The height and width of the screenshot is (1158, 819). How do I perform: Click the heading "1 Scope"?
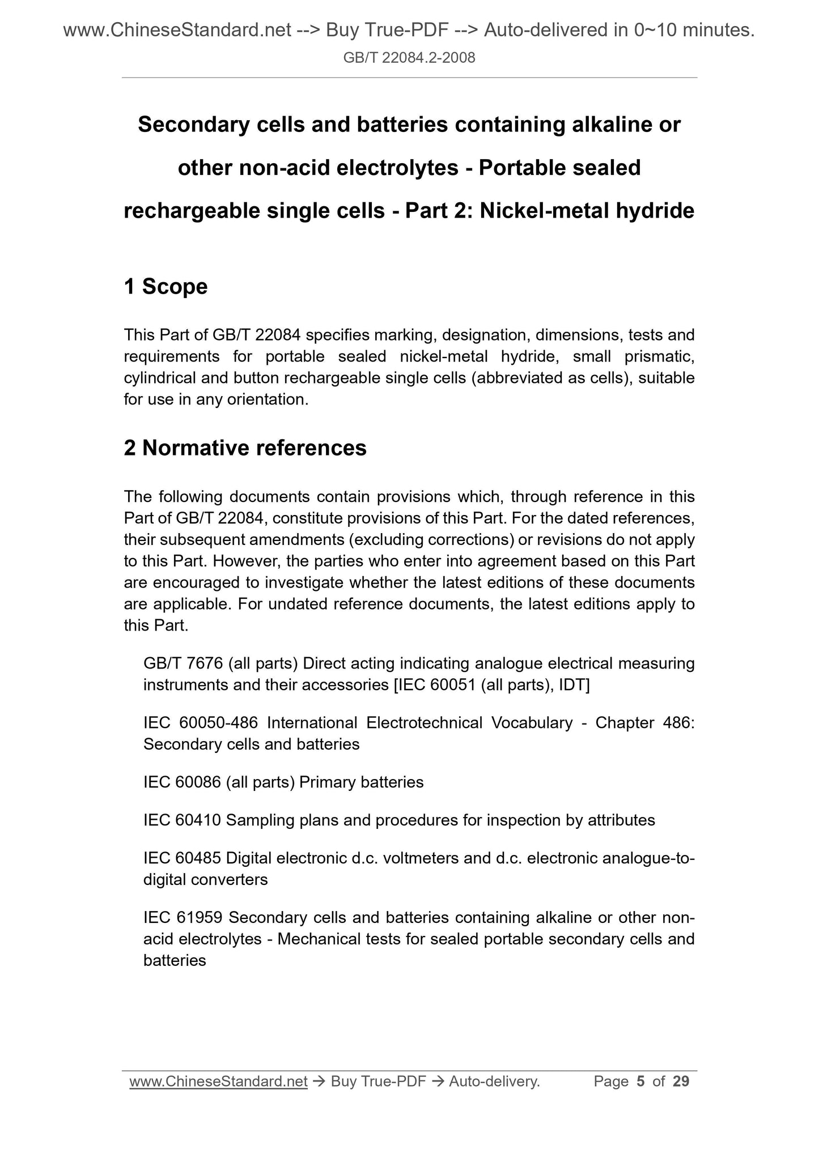(166, 287)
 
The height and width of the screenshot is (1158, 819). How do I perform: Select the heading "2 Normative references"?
(245, 448)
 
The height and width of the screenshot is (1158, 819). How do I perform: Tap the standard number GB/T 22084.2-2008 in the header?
(409, 57)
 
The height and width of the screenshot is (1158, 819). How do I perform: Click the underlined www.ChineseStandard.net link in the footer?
(218, 1082)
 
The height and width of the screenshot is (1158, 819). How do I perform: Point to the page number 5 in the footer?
(640, 1082)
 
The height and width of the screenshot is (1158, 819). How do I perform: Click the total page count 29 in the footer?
(681, 1082)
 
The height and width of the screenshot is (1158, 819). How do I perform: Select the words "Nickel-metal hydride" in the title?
(587, 211)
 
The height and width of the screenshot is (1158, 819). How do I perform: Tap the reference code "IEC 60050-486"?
(201, 723)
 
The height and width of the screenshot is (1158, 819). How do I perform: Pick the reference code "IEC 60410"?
(182, 820)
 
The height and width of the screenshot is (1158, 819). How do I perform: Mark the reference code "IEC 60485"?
(182, 858)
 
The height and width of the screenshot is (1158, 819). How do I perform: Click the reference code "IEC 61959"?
(182, 917)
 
